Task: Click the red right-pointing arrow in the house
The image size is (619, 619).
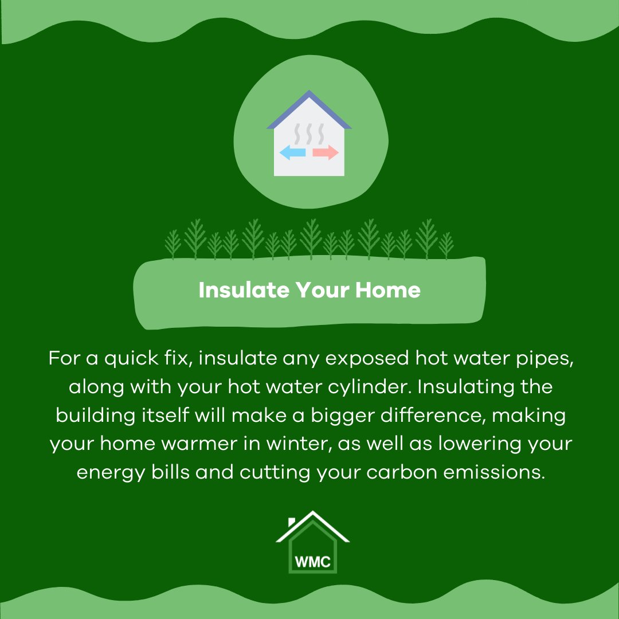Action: pyautogui.click(x=326, y=152)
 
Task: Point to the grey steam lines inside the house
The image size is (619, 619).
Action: pyautogui.click(x=309, y=134)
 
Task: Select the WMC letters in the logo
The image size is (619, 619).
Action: pyautogui.click(x=312, y=561)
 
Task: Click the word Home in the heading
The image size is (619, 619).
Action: pyautogui.click(x=388, y=290)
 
